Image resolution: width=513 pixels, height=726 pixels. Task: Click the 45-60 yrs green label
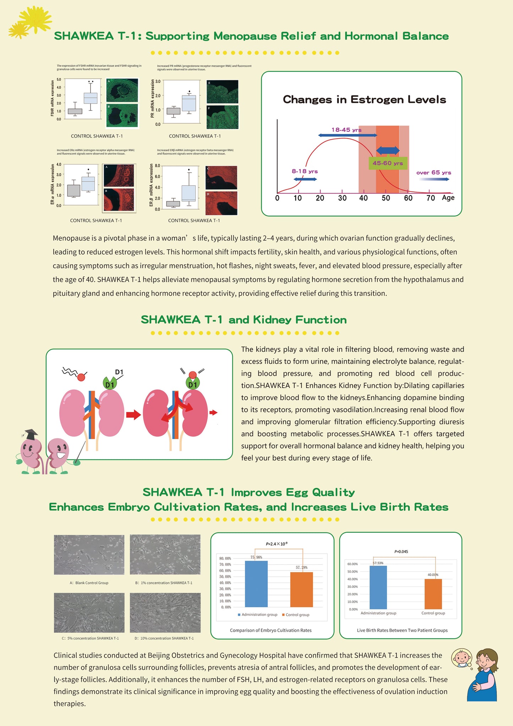point(388,163)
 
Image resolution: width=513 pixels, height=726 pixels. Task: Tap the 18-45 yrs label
point(346,130)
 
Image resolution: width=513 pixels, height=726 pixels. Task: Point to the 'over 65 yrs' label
point(433,173)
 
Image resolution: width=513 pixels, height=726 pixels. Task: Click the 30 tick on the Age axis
point(342,198)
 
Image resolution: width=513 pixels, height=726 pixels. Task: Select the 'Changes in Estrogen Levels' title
point(364,99)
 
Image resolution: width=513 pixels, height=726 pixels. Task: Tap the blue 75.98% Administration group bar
point(256,584)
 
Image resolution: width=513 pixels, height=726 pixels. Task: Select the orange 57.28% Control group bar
point(301,590)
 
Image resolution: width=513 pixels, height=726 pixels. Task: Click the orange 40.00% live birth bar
point(433,594)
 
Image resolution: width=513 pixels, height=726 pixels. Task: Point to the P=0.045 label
point(401,552)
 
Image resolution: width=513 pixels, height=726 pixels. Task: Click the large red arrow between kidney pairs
point(133,415)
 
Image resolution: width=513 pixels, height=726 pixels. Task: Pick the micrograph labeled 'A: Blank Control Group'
point(89,555)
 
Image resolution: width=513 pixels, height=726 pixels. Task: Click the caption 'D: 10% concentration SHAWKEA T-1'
point(164,638)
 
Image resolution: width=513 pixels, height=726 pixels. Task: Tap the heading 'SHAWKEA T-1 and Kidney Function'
point(244,320)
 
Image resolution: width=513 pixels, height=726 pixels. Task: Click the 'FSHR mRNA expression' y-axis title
point(53,98)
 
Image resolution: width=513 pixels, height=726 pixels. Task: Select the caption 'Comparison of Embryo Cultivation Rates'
point(271,630)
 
